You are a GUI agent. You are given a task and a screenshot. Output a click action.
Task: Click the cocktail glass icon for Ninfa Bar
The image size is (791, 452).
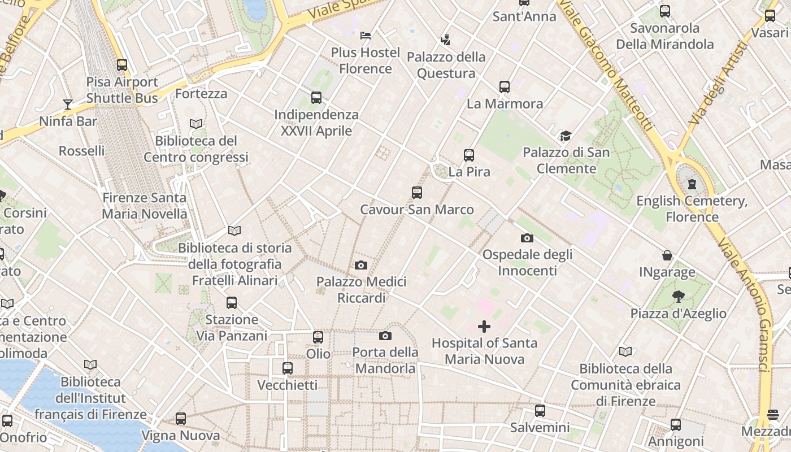pos(68,104)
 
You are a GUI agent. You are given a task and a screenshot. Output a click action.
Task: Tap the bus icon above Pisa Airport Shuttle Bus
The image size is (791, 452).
pos(122,65)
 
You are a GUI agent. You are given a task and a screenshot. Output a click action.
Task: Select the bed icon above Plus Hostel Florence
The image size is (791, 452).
pos(366,36)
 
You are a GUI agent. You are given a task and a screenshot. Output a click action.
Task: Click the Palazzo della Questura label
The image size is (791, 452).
pos(446,65)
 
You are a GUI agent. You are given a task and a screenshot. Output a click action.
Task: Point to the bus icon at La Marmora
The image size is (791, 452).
pos(505,87)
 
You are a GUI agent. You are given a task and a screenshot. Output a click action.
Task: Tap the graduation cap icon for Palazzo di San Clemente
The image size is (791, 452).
pos(566,136)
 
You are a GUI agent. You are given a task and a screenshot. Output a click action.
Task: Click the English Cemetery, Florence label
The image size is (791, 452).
pos(692,209)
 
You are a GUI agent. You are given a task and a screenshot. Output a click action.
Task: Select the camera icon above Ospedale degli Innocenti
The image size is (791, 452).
pos(527,238)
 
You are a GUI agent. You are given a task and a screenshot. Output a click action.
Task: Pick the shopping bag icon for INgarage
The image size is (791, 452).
pos(667,255)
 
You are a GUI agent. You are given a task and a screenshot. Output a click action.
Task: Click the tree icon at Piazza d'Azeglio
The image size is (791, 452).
pos(679,297)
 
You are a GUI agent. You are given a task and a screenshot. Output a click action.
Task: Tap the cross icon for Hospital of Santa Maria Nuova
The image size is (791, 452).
pos(484,327)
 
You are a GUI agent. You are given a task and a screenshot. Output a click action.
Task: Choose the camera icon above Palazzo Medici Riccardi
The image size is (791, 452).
pos(361,265)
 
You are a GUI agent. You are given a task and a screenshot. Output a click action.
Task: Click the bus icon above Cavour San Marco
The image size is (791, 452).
pos(417,193)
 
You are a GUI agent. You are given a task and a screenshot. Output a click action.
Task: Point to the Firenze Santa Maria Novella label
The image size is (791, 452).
pos(144,206)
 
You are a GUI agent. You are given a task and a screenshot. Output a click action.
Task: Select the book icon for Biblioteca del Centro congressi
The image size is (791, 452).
pos(196,124)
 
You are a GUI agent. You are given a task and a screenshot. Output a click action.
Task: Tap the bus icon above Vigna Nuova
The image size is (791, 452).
pos(181,419)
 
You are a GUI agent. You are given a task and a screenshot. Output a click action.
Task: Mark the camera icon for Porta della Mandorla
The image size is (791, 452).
pos(385,336)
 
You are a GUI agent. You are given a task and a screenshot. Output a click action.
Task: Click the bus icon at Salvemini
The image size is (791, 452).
pos(540,411)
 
